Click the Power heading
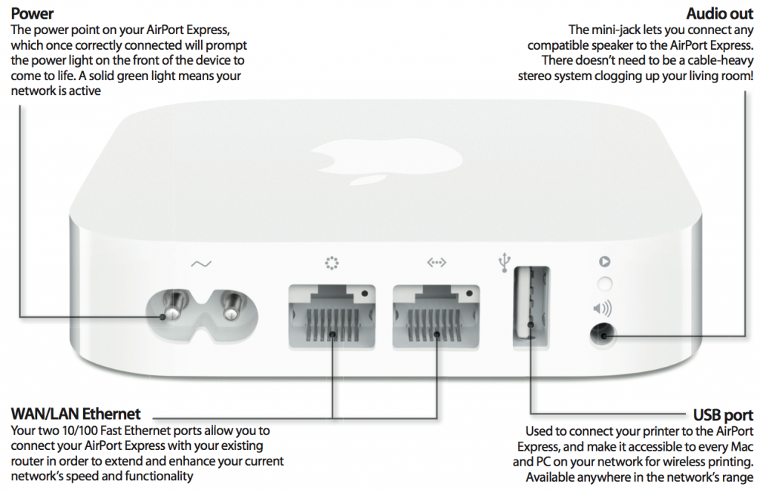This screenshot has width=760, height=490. [33, 14]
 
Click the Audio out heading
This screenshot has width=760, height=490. [719, 14]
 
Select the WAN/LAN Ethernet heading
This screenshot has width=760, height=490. [76, 414]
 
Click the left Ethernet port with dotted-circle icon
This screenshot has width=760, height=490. [331, 318]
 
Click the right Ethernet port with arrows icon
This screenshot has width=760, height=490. [436, 318]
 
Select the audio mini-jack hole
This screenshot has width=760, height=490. [604, 336]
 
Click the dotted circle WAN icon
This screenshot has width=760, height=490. [331, 262]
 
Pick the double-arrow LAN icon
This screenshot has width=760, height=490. [436, 263]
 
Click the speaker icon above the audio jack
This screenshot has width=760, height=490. [603, 307]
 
